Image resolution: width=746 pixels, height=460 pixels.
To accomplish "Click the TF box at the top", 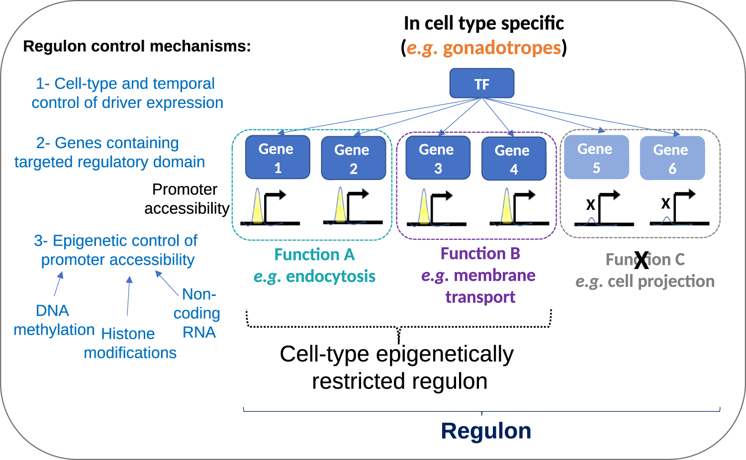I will [481, 84].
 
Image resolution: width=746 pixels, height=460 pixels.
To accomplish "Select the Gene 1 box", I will [278, 158].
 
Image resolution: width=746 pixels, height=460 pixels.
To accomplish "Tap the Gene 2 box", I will [353, 159].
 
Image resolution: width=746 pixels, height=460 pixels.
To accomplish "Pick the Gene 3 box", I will [438, 158].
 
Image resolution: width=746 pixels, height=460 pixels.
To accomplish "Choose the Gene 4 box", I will [514, 159].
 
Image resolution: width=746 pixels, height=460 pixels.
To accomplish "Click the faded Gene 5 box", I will [596, 158].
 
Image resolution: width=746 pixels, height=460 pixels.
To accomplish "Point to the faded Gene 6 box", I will [672, 159].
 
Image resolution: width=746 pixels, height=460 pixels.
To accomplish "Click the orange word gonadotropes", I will [501, 48].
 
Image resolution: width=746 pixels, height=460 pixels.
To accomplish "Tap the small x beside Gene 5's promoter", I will [590, 204].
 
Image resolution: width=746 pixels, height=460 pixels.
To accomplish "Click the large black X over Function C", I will [642, 260].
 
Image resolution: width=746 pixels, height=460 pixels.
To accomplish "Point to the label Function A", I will [314, 255].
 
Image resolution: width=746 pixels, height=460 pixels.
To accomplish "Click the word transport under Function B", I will [480, 297].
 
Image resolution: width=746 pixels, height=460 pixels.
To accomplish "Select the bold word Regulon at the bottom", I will [486, 431].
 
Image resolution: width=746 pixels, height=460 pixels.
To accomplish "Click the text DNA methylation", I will [53, 320].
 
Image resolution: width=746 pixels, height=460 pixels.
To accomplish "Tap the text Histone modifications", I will [129, 343].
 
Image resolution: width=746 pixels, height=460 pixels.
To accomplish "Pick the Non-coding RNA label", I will [198, 313].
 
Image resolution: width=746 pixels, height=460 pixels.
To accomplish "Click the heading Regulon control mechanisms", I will [137, 46].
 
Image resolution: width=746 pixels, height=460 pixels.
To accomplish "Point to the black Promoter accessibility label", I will [186, 198].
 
